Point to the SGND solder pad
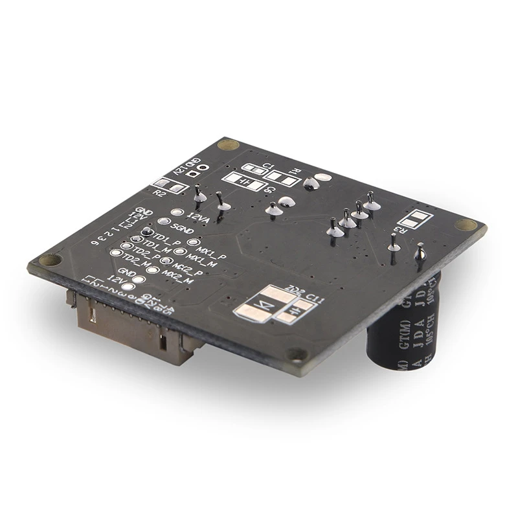[161, 221]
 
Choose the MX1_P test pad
[192, 243]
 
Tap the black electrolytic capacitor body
[402, 330]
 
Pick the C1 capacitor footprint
[258, 169]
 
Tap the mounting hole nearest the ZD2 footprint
[296, 354]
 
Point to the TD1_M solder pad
[126, 247]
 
